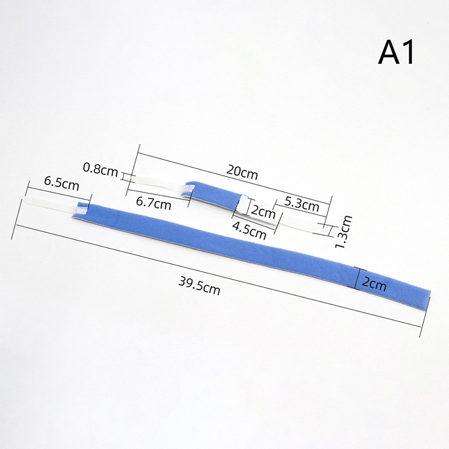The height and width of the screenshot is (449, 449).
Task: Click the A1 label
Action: click(396, 52)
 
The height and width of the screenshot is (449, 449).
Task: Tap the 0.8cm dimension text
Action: click(100, 169)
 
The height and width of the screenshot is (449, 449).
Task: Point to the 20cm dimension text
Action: click(242, 172)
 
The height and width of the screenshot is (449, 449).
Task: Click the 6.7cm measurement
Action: click(153, 203)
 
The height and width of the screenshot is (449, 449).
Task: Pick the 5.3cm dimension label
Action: click(302, 204)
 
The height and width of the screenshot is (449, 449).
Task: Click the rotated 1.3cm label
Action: click(343, 231)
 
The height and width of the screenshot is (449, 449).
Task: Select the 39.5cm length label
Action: click(199, 286)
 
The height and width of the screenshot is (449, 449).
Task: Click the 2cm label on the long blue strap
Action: click(374, 284)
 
